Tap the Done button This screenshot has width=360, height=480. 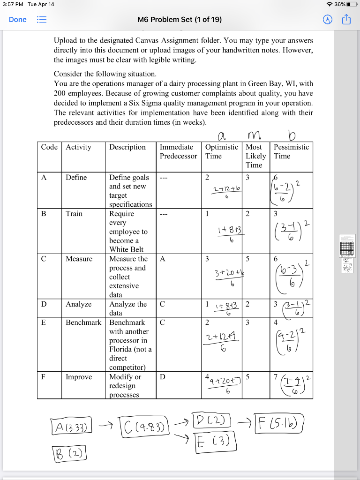[x=18, y=20]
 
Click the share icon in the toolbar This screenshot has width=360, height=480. [x=346, y=20]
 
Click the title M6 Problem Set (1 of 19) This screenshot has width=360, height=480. [x=180, y=20]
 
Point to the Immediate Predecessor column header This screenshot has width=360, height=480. [x=178, y=151]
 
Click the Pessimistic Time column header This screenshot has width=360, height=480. [x=291, y=151]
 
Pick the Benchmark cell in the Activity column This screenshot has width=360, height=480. [x=83, y=322]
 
